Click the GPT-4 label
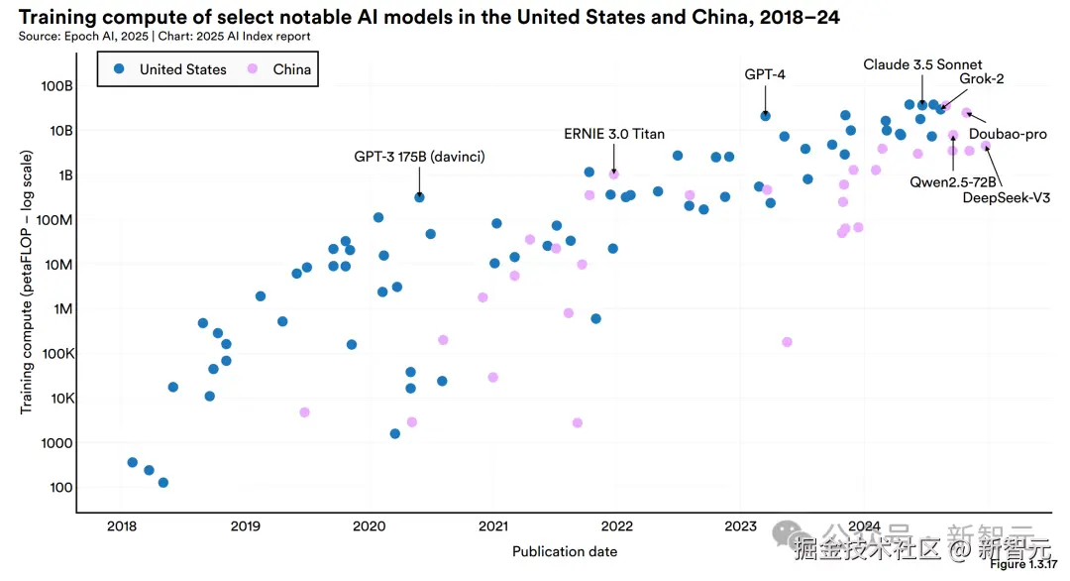[x=765, y=73]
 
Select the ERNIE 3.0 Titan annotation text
[x=614, y=134]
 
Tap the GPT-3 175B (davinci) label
[x=419, y=157]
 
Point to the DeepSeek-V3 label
[x=1002, y=196]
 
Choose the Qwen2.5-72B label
[x=953, y=181]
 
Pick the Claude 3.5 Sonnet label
[x=921, y=65]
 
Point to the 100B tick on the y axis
[x=56, y=86]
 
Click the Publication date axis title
[x=565, y=551]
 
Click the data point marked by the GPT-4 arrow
[x=765, y=116]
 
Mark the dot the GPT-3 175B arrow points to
[x=419, y=197]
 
